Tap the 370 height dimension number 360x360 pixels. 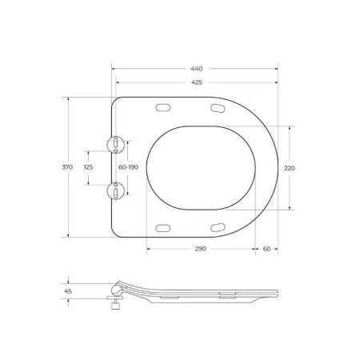[x=67, y=167]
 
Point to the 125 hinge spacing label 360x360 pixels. [x=88, y=167]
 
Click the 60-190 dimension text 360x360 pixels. [x=129, y=167]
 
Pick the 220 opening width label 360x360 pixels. [x=289, y=167]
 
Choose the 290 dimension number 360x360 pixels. [x=200, y=249]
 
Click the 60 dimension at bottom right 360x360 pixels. [x=266, y=249]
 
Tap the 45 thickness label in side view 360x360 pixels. [x=68, y=292]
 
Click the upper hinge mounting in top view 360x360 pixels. [x=116, y=144]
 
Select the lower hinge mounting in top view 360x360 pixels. [x=116, y=190]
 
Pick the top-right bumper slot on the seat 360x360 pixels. [x=218, y=108]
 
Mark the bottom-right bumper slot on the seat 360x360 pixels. [x=218, y=228]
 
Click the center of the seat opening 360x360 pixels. [x=201, y=167]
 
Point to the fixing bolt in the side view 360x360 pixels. [x=115, y=306]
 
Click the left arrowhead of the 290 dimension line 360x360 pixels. [x=149, y=249]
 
